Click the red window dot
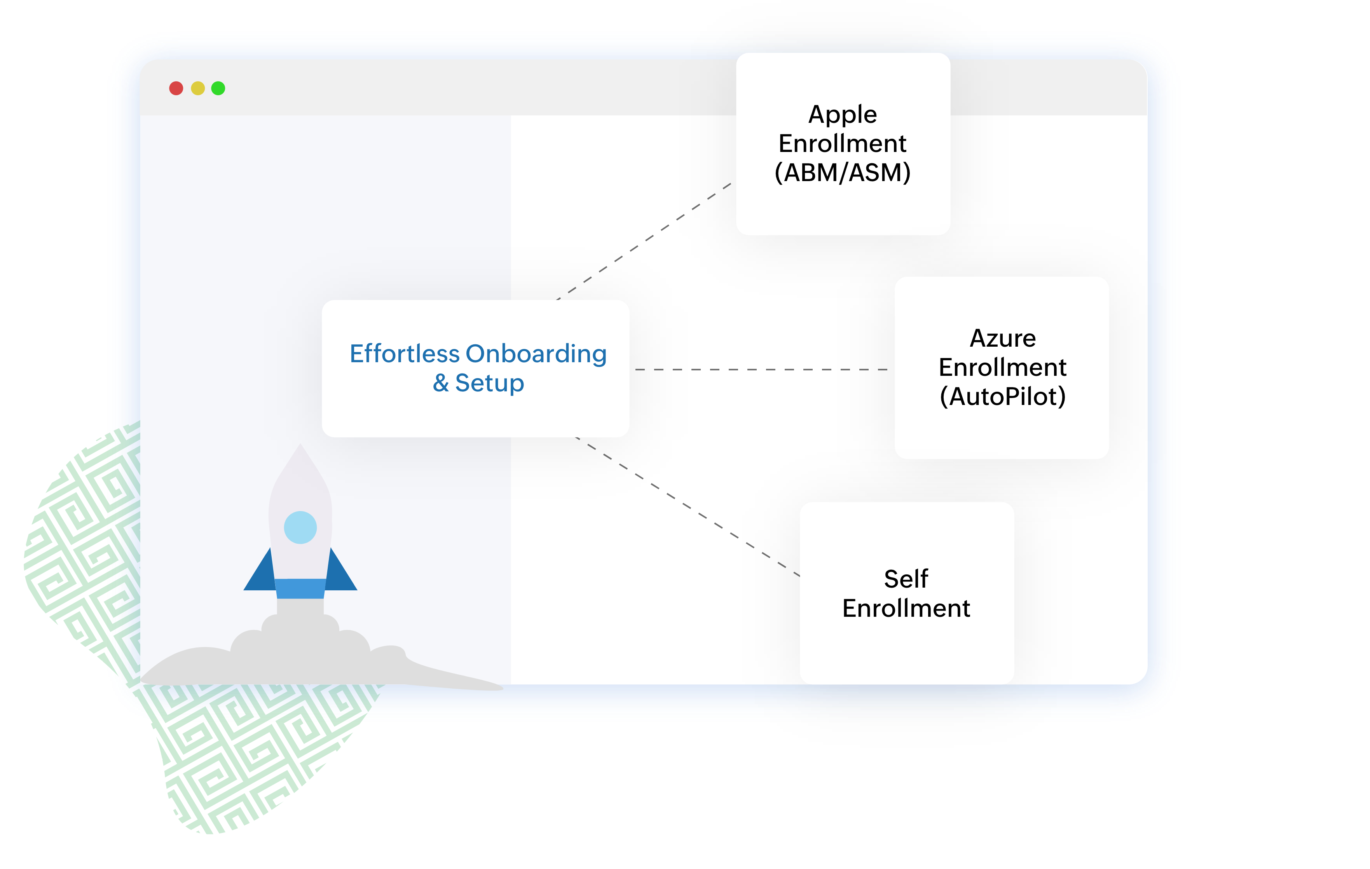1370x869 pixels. click(x=176, y=88)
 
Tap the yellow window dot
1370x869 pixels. click(x=197, y=88)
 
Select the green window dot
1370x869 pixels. click(x=218, y=88)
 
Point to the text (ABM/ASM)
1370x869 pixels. click(x=843, y=173)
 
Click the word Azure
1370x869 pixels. click(x=1002, y=339)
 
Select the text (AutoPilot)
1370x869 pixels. click(x=1002, y=397)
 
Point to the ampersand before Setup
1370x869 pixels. click(x=441, y=383)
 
